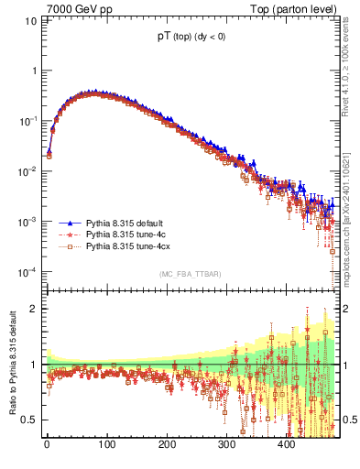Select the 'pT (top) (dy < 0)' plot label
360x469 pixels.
[191, 39]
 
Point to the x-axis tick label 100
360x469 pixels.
[107, 443]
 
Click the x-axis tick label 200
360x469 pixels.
[167, 443]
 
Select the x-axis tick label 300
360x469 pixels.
[227, 443]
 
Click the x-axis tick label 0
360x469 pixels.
[47, 443]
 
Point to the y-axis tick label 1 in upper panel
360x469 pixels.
[34, 71]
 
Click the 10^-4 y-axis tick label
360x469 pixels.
[29, 272]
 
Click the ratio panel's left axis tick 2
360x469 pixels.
[34, 309]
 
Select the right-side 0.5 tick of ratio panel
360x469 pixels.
[353, 420]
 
